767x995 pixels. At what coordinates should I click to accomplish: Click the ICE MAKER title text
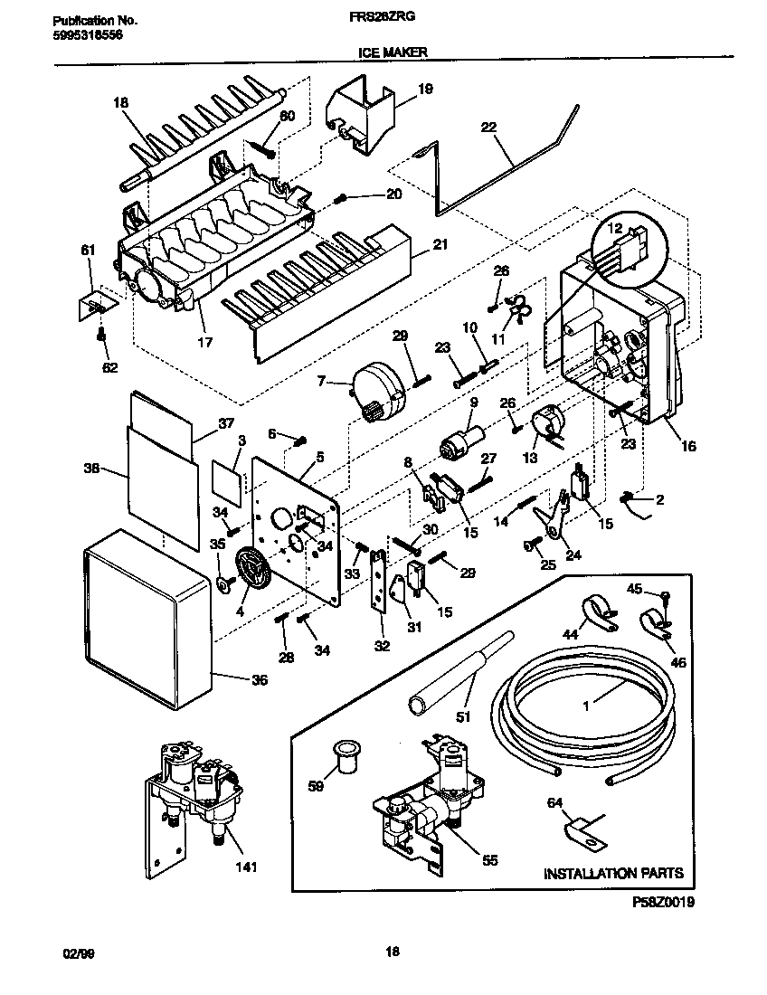385,53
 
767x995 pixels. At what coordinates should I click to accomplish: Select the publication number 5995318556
84,34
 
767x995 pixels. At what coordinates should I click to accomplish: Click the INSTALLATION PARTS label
612,874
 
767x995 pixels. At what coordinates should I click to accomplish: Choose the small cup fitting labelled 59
343,755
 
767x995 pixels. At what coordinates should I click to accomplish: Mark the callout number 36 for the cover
259,681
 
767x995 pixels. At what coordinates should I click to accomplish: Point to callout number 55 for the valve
489,860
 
